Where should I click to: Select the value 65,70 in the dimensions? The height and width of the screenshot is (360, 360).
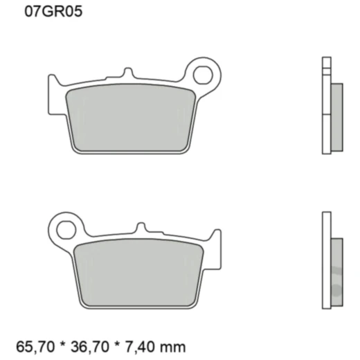point(31,344)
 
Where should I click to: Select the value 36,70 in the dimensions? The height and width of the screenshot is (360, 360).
point(79,344)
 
